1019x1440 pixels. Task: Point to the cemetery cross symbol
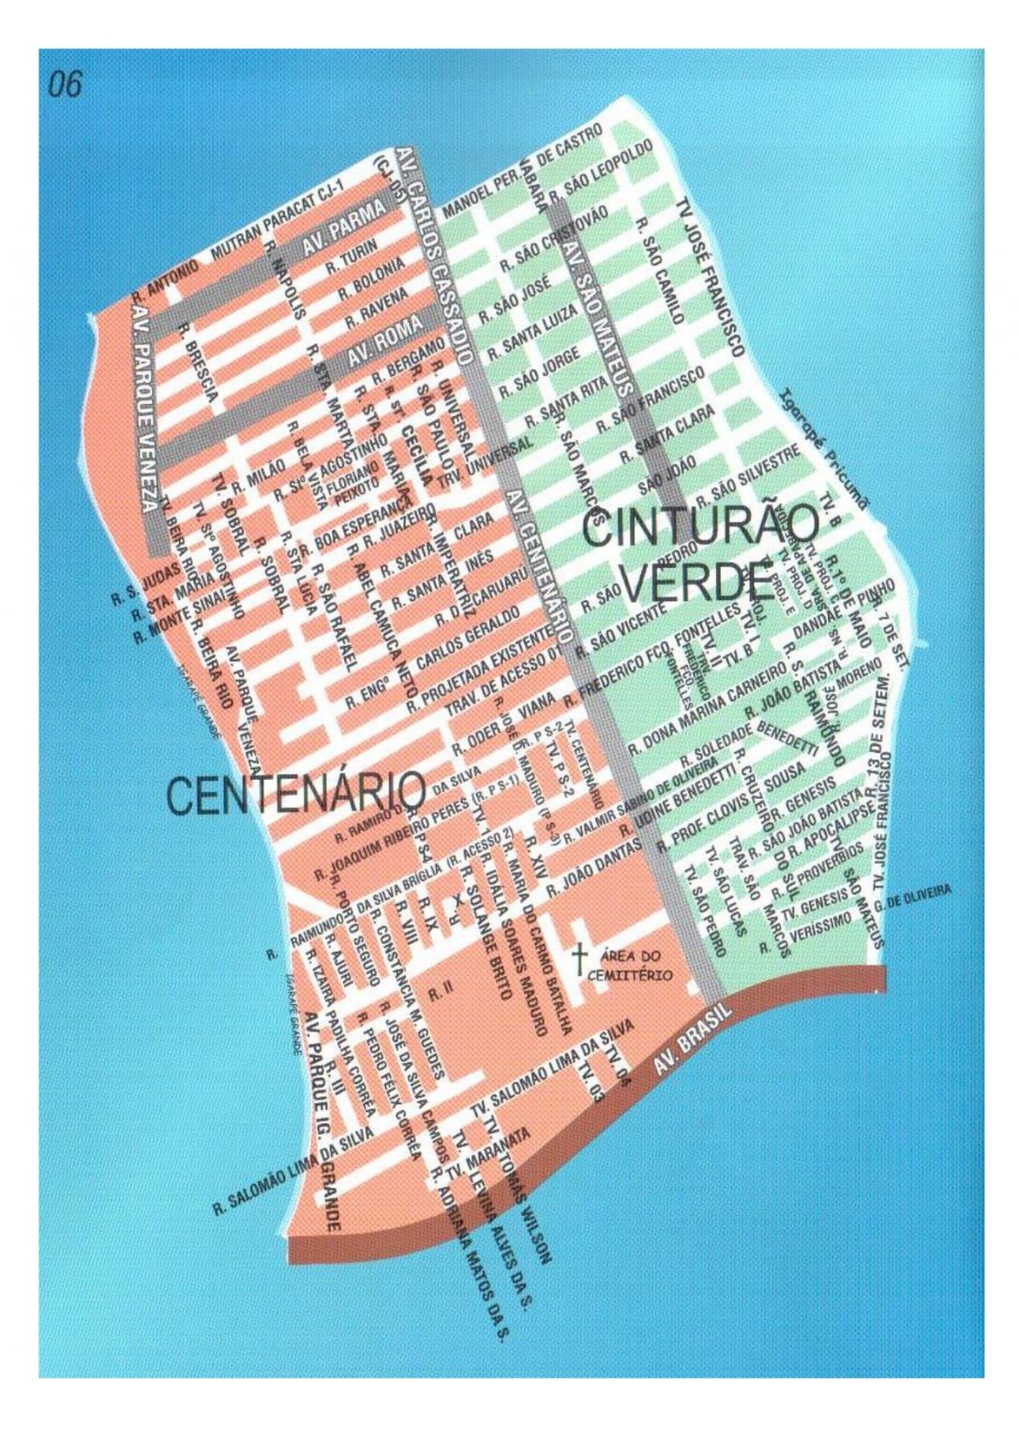pyautogui.click(x=580, y=957)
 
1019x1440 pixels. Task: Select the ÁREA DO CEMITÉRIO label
pyautogui.click(x=631, y=967)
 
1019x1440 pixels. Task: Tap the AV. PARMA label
pyautogui.click(x=344, y=227)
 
